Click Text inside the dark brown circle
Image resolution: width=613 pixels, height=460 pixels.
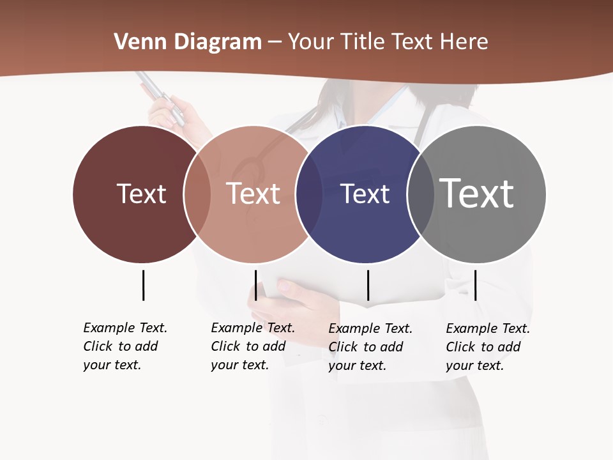click(141, 194)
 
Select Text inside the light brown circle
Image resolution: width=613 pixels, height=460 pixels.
click(253, 194)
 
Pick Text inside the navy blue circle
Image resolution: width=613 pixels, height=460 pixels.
click(365, 194)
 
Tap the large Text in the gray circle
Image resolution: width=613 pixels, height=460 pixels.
click(477, 194)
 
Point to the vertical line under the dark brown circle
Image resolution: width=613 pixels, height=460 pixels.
click(143, 285)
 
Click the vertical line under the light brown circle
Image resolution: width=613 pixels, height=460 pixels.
click(255, 285)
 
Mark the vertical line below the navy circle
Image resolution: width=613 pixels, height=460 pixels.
click(368, 285)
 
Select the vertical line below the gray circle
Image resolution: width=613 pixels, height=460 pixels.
click(475, 285)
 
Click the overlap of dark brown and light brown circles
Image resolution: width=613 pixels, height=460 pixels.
click(197, 194)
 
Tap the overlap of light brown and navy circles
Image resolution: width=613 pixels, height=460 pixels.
click(309, 194)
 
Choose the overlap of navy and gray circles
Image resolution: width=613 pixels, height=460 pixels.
click(420, 194)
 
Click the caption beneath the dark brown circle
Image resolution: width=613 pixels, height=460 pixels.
click(125, 346)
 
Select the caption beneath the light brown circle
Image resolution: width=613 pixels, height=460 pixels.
click(252, 346)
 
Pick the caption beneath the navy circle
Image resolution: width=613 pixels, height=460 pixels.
click(370, 347)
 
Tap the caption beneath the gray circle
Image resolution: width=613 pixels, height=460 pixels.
click(487, 347)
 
